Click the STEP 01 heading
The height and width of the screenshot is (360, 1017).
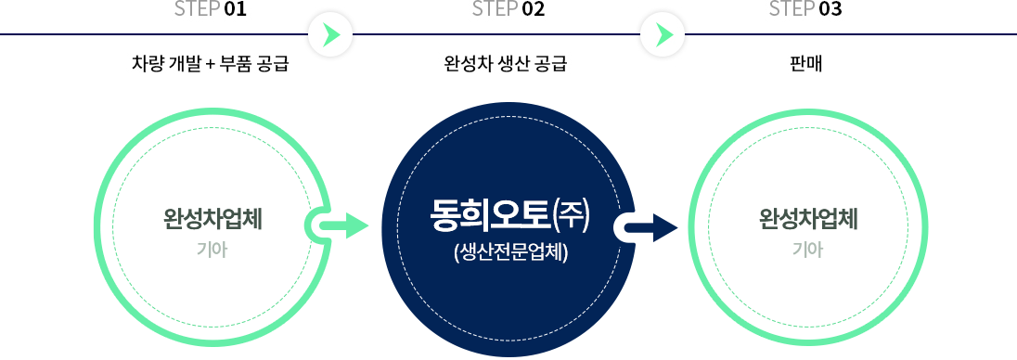(x=210, y=10)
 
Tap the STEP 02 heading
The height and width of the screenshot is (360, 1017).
(x=508, y=10)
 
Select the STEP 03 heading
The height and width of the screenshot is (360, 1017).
(x=805, y=10)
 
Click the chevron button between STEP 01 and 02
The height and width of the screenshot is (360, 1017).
(x=331, y=35)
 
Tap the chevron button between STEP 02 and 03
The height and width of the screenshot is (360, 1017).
(x=663, y=35)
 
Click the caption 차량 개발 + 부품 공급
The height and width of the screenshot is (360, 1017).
(x=211, y=65)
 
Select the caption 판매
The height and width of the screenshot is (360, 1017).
(x=805, y=65)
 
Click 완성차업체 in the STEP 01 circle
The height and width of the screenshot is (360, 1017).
(x=212, y=219)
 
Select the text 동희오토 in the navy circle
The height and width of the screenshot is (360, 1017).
(x=490, y=217)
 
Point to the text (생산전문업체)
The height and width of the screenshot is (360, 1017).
(x=509, y=251)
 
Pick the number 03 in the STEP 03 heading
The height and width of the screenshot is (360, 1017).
(x=830, y=10)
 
